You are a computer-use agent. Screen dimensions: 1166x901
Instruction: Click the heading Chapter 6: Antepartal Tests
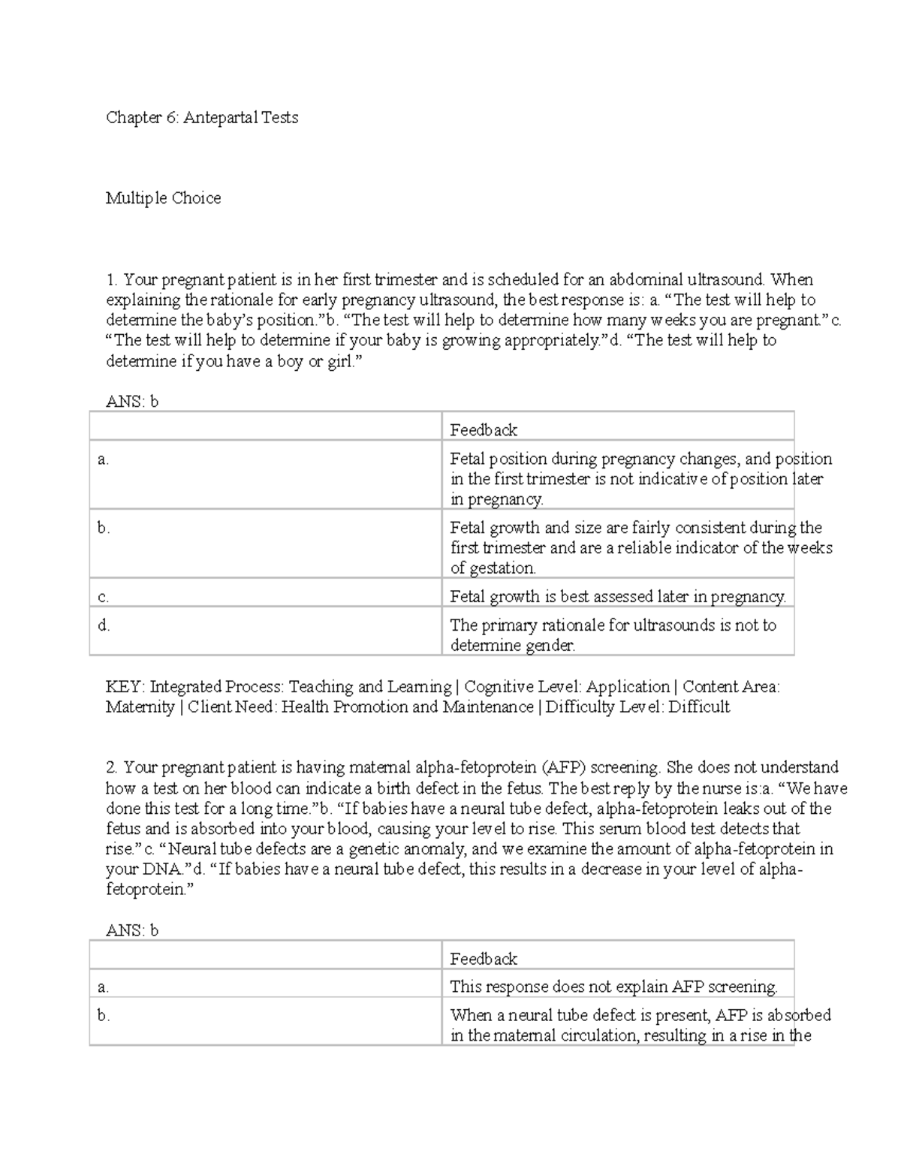[x=202, y=118]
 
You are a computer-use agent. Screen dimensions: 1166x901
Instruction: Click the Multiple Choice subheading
[x=163, y=198]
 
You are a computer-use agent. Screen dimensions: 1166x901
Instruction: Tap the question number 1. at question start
[x=112, y=280]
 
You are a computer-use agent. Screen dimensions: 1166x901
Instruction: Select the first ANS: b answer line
[x=132, y=402]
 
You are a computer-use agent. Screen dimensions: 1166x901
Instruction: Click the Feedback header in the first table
[x=484, y=430]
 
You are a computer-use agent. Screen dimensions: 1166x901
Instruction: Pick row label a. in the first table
[x=103, y=459]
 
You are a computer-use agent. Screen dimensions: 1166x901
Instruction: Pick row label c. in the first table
[x=103, y=598]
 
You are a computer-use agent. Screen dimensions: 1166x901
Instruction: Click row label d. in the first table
[x=104, y=625]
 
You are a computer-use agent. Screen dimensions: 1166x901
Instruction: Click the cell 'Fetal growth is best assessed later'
[x=617, y=597]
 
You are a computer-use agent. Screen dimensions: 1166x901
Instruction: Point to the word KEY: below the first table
[x=125, y=687]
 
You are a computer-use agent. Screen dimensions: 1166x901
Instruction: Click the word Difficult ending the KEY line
[x=699, y=707]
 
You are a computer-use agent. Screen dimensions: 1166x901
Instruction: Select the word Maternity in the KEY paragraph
[x=140, y=707]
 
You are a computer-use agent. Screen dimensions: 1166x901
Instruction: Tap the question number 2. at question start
[x=112, y=768]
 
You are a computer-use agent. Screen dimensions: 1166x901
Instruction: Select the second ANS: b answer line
[x=132, y=931]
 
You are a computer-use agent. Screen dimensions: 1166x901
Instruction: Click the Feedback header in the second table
[x=484, y=959]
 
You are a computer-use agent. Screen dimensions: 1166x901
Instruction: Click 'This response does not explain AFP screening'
[x=613, y=987]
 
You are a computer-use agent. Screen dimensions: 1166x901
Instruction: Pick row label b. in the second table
[x=103, y=1016]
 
